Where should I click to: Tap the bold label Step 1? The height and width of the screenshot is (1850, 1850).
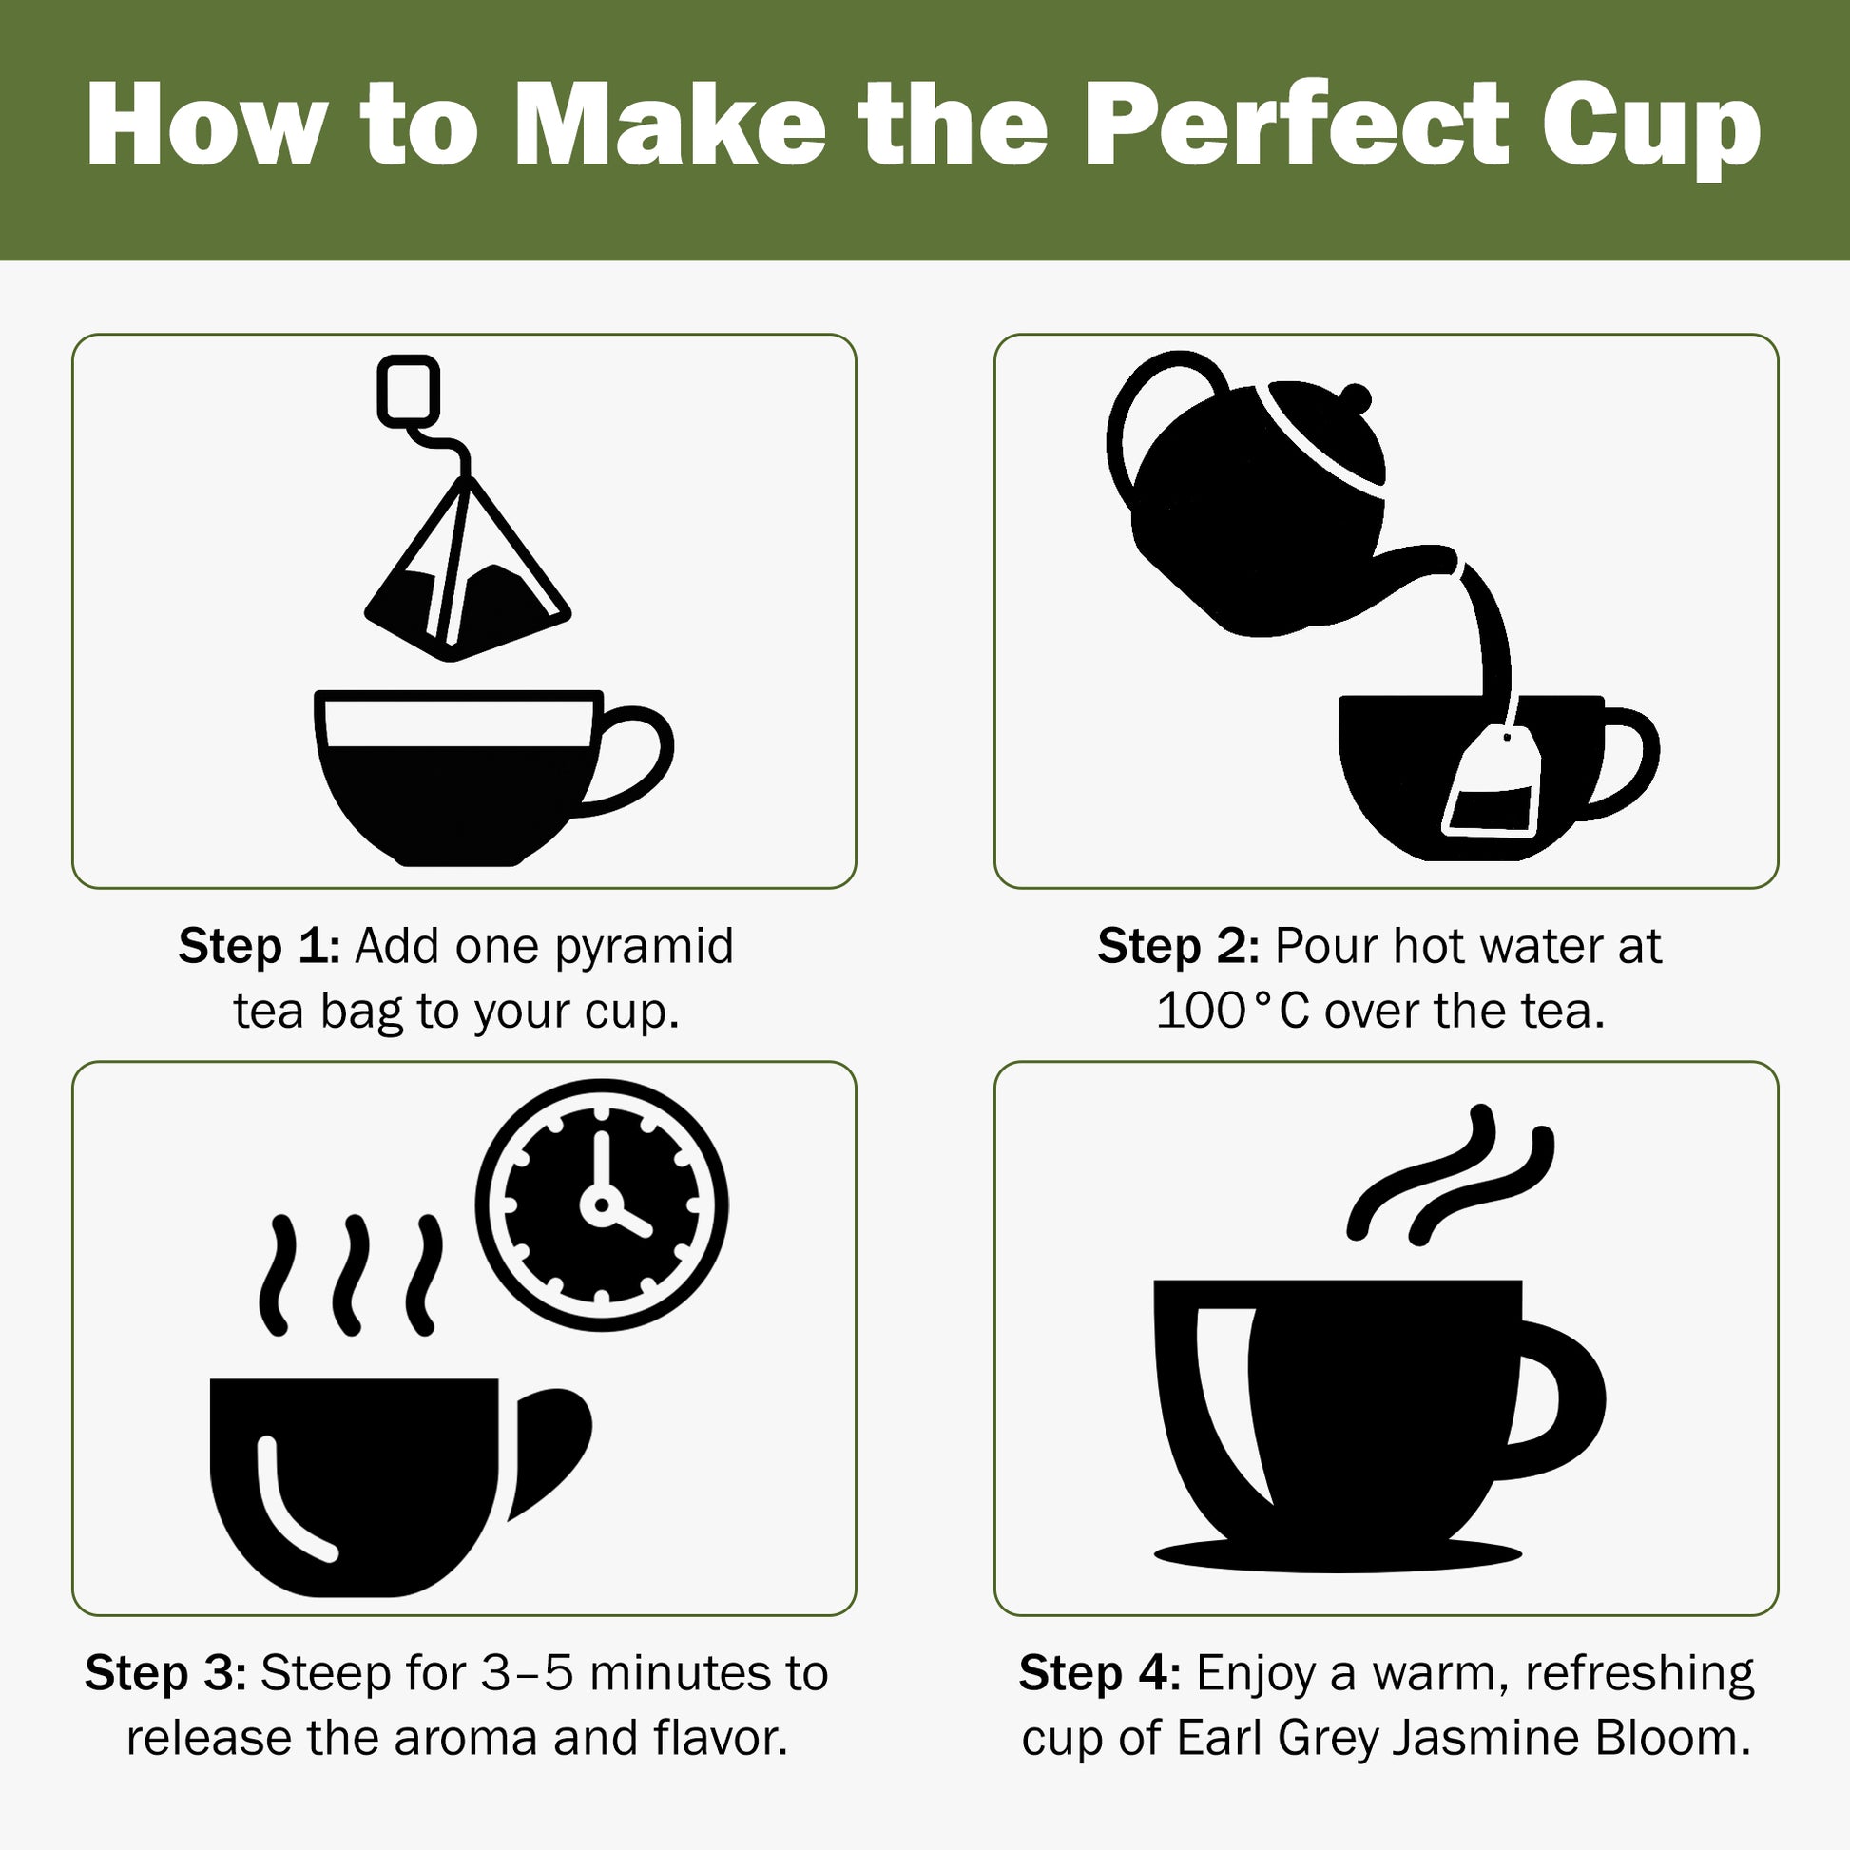pyautogui.click(x=259, y=947)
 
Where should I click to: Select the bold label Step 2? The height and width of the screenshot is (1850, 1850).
pyautogui.click(x=1178, y=947)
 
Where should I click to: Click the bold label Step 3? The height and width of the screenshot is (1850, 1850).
pyautogui.click(x=165, y=1674)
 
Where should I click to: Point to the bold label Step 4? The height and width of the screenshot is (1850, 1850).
pyautogui.click(x=1099, y=1674)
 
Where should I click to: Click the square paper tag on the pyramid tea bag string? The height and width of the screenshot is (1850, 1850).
pyautogui.click(x=409, y=390)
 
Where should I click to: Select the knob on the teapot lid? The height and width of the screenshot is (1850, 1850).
pyautogui.click(x=1356, y=396)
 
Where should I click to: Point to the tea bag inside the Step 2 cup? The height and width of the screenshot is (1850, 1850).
pyautogui.click(x=1493, y=785)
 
